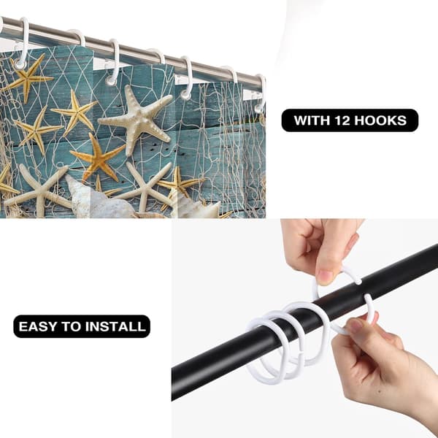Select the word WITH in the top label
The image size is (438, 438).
(312, 120)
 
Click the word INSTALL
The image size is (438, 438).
(115, 326)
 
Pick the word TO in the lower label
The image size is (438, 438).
(71, 326)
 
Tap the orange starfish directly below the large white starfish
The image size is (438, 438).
(98, 158)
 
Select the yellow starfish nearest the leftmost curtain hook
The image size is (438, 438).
(28, 78)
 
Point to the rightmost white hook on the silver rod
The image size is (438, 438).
(261, 93)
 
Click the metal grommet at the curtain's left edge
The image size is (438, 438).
(20, 64)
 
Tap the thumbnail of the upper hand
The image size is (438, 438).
(325, 277)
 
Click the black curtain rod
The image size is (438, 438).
(304, 321)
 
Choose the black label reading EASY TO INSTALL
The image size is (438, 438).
(82, 326)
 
